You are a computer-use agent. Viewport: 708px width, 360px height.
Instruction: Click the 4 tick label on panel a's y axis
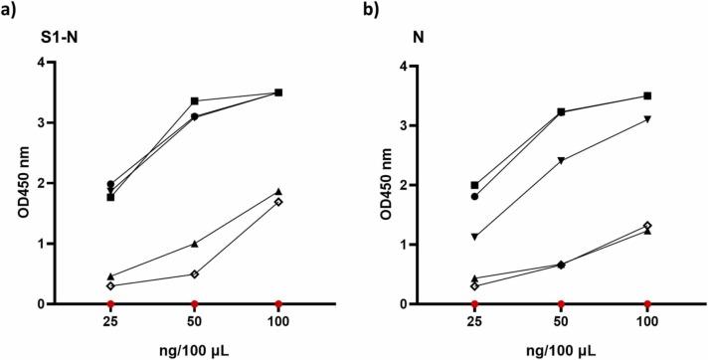click(69, 63)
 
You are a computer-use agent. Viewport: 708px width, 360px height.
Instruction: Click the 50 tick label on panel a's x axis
click(194, 323)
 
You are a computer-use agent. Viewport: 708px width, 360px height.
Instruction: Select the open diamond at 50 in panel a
click(194, 273)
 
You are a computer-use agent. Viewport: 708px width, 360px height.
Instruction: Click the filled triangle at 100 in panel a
click(278, 191)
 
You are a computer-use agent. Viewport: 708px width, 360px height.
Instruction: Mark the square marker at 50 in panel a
click(194, 100)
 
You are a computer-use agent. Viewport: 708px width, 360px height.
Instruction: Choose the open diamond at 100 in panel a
click(278, 202)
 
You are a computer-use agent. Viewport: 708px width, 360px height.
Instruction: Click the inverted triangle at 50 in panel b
click(562, 160)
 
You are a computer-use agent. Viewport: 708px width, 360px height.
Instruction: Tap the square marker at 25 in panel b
click(475, 185)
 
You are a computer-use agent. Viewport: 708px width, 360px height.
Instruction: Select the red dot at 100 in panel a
click(278, 303)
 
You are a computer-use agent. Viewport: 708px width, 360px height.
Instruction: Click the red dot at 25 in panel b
click(475, 303)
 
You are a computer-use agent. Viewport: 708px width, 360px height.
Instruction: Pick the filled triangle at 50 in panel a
click(194, 244)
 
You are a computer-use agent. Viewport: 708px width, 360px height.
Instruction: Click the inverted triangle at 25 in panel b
click(475, 237)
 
